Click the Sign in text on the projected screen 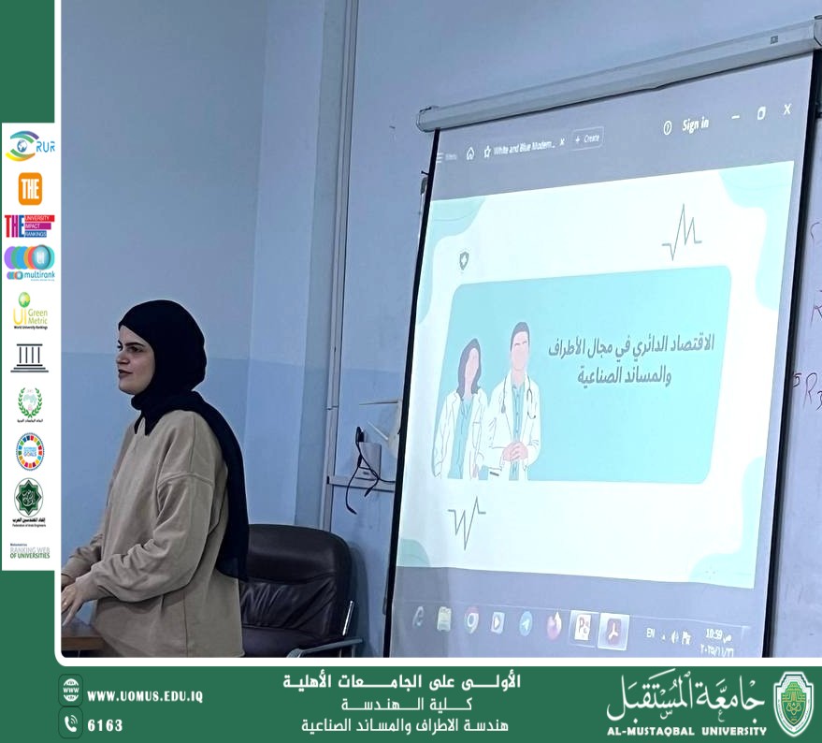click(x=695, y=124)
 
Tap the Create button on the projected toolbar click(x=587, y=138)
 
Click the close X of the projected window click(x=786, y=109)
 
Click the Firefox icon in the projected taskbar click(x=554, y=625)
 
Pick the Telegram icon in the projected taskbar click(x=526, y=623)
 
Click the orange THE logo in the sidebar click(x=30, y=188)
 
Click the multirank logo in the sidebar click(x=29, y=262)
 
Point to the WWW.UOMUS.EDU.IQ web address click(x=144, y=696)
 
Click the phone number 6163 click(x=105, y=725)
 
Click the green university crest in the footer click(x=793, y=703)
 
